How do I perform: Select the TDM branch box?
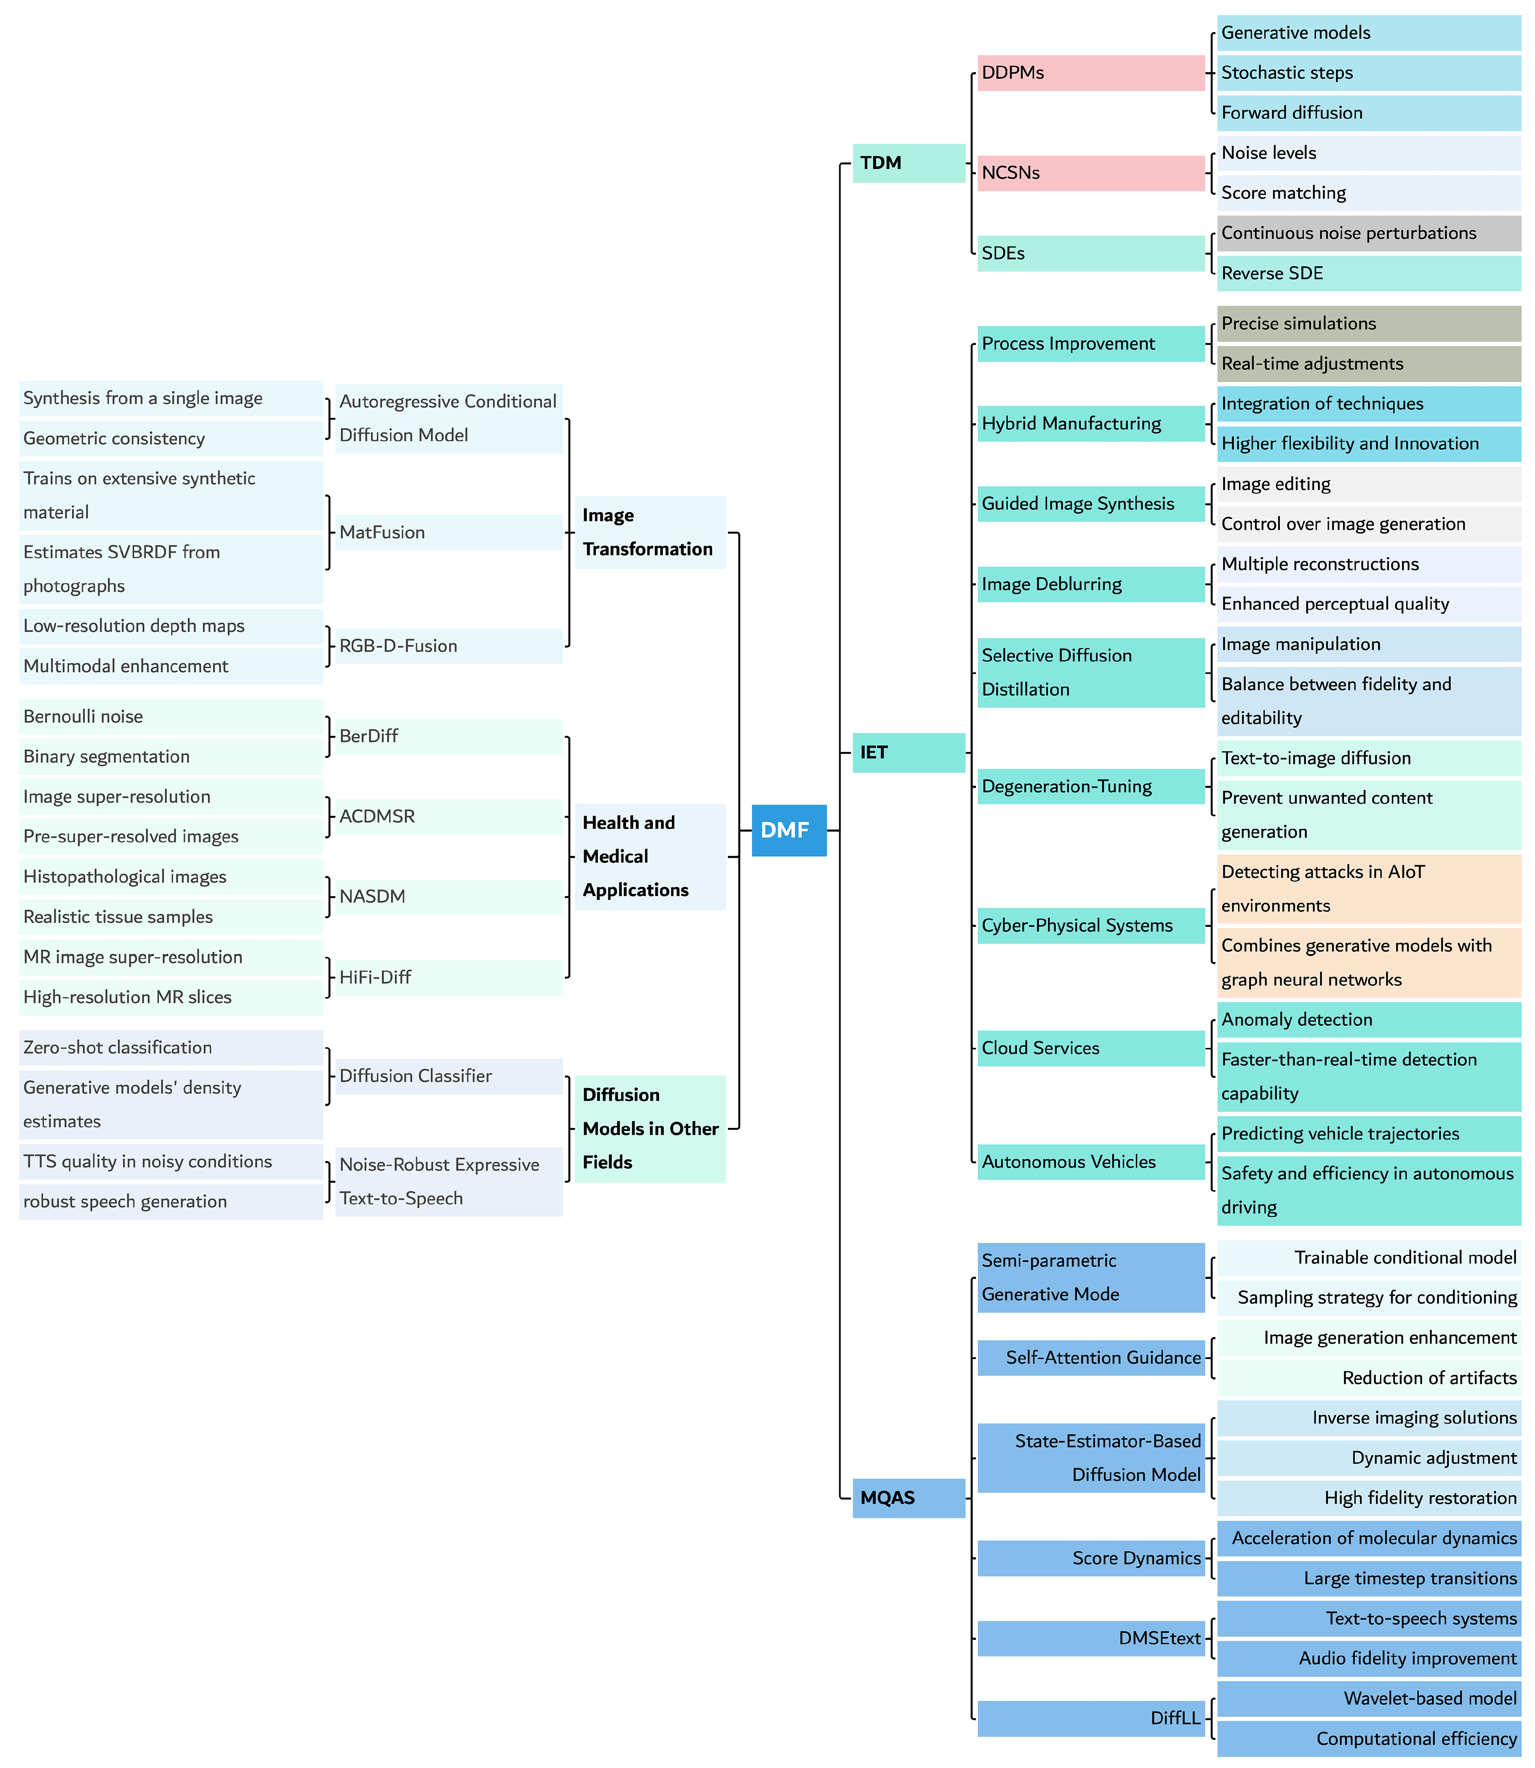(x=908, y=163)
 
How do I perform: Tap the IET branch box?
(x=908, y=752)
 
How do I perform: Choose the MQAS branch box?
(x=908, y=1497)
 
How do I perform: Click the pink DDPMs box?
(x=1091, y=73)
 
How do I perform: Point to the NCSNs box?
(x=1091, y=173)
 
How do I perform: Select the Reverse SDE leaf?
(x=1368, y=273)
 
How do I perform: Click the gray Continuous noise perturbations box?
(x=1368, y=233)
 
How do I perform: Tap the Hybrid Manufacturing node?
(x=1091, y=423)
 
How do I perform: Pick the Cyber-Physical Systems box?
(x=1091, y=925)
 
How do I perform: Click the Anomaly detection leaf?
(x=1368, y=1019)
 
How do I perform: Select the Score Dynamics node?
(x=1091, y=1557)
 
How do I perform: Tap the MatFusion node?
(x=448, y=532)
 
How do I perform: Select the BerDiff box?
(x=448, y=736)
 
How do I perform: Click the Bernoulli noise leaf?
(x=171, y=716)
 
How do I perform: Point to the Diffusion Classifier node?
(x=448, y=1076)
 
